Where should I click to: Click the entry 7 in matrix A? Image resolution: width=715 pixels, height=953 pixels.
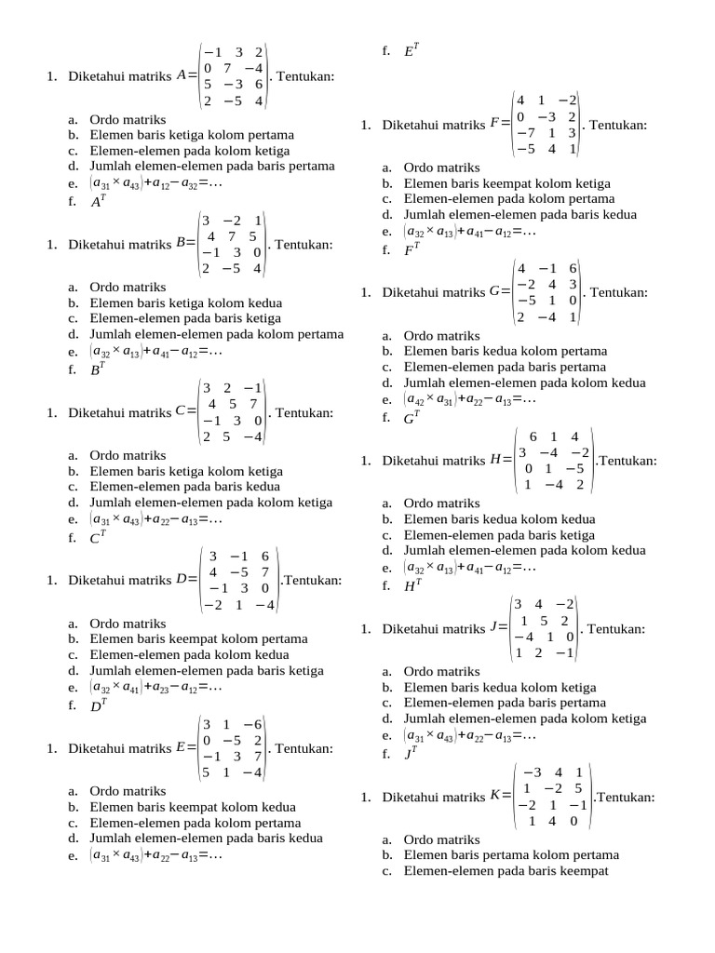point(226,68)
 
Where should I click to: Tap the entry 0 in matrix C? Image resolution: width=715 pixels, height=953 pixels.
point(257,421)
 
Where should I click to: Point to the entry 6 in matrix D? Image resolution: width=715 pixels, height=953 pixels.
point(264,555)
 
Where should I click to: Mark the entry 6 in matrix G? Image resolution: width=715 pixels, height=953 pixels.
point(573,268)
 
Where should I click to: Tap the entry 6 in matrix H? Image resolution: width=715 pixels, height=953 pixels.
point(533,436)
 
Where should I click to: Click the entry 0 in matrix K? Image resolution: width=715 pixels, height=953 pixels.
point(573,821)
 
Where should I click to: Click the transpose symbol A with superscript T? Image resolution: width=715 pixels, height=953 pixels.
point(96,200)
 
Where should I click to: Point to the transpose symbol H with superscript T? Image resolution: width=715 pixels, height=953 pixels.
point(411,586)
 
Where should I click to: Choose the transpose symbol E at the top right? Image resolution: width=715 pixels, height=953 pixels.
point(410,52)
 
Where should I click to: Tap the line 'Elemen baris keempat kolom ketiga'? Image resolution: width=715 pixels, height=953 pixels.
point(507,183)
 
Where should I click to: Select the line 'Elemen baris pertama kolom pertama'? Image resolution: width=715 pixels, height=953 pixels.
point(511,854)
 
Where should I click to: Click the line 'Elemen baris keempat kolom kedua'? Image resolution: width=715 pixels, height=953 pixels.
point(193,807)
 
